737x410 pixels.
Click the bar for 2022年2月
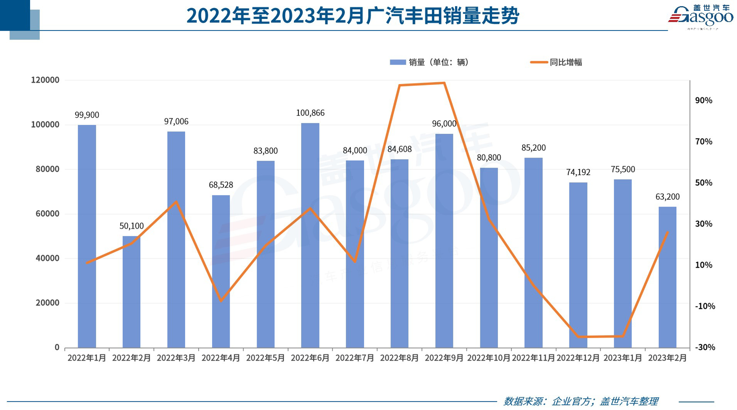(131, 292)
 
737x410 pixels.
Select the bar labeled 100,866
(310, 235)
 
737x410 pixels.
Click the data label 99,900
(87, 115)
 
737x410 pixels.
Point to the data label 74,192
(578, 172)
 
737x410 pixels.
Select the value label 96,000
(444, 123)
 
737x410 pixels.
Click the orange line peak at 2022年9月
(444, 83)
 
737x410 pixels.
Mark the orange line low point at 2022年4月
(221, 300)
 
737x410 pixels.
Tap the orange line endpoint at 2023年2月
(667, 233)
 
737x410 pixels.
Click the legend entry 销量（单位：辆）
(430, 62)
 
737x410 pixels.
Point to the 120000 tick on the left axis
(45, 80)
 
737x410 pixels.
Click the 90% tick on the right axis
(703, 101)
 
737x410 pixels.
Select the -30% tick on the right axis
(704, 347)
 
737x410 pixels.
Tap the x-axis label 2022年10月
(488, 358)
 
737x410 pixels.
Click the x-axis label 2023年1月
(622, 358)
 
